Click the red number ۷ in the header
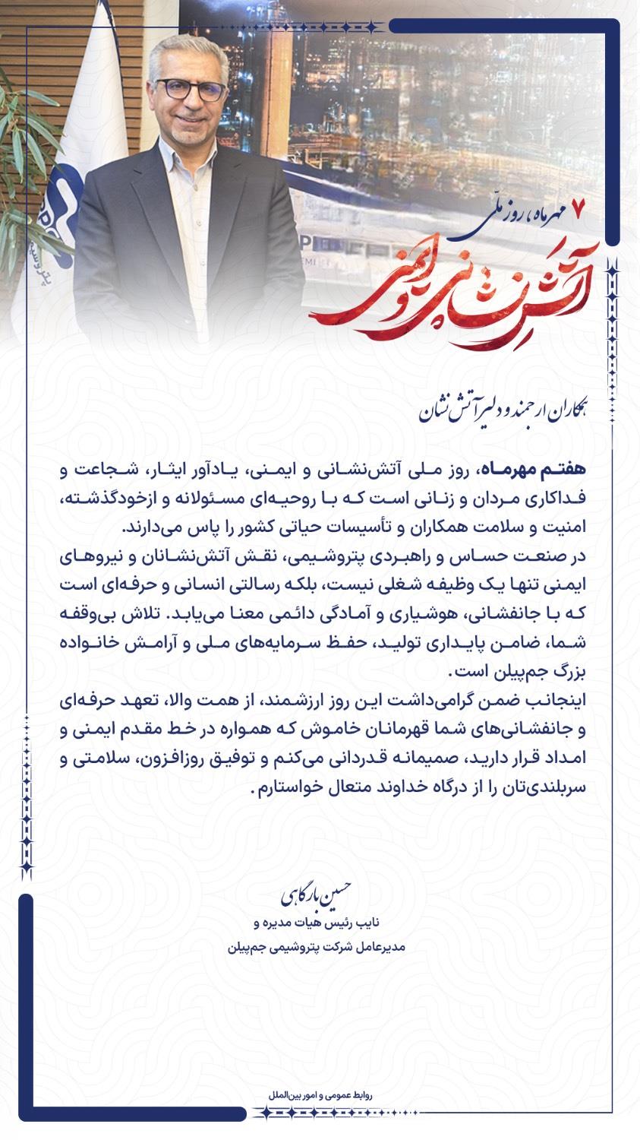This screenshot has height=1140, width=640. (579, 208)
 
